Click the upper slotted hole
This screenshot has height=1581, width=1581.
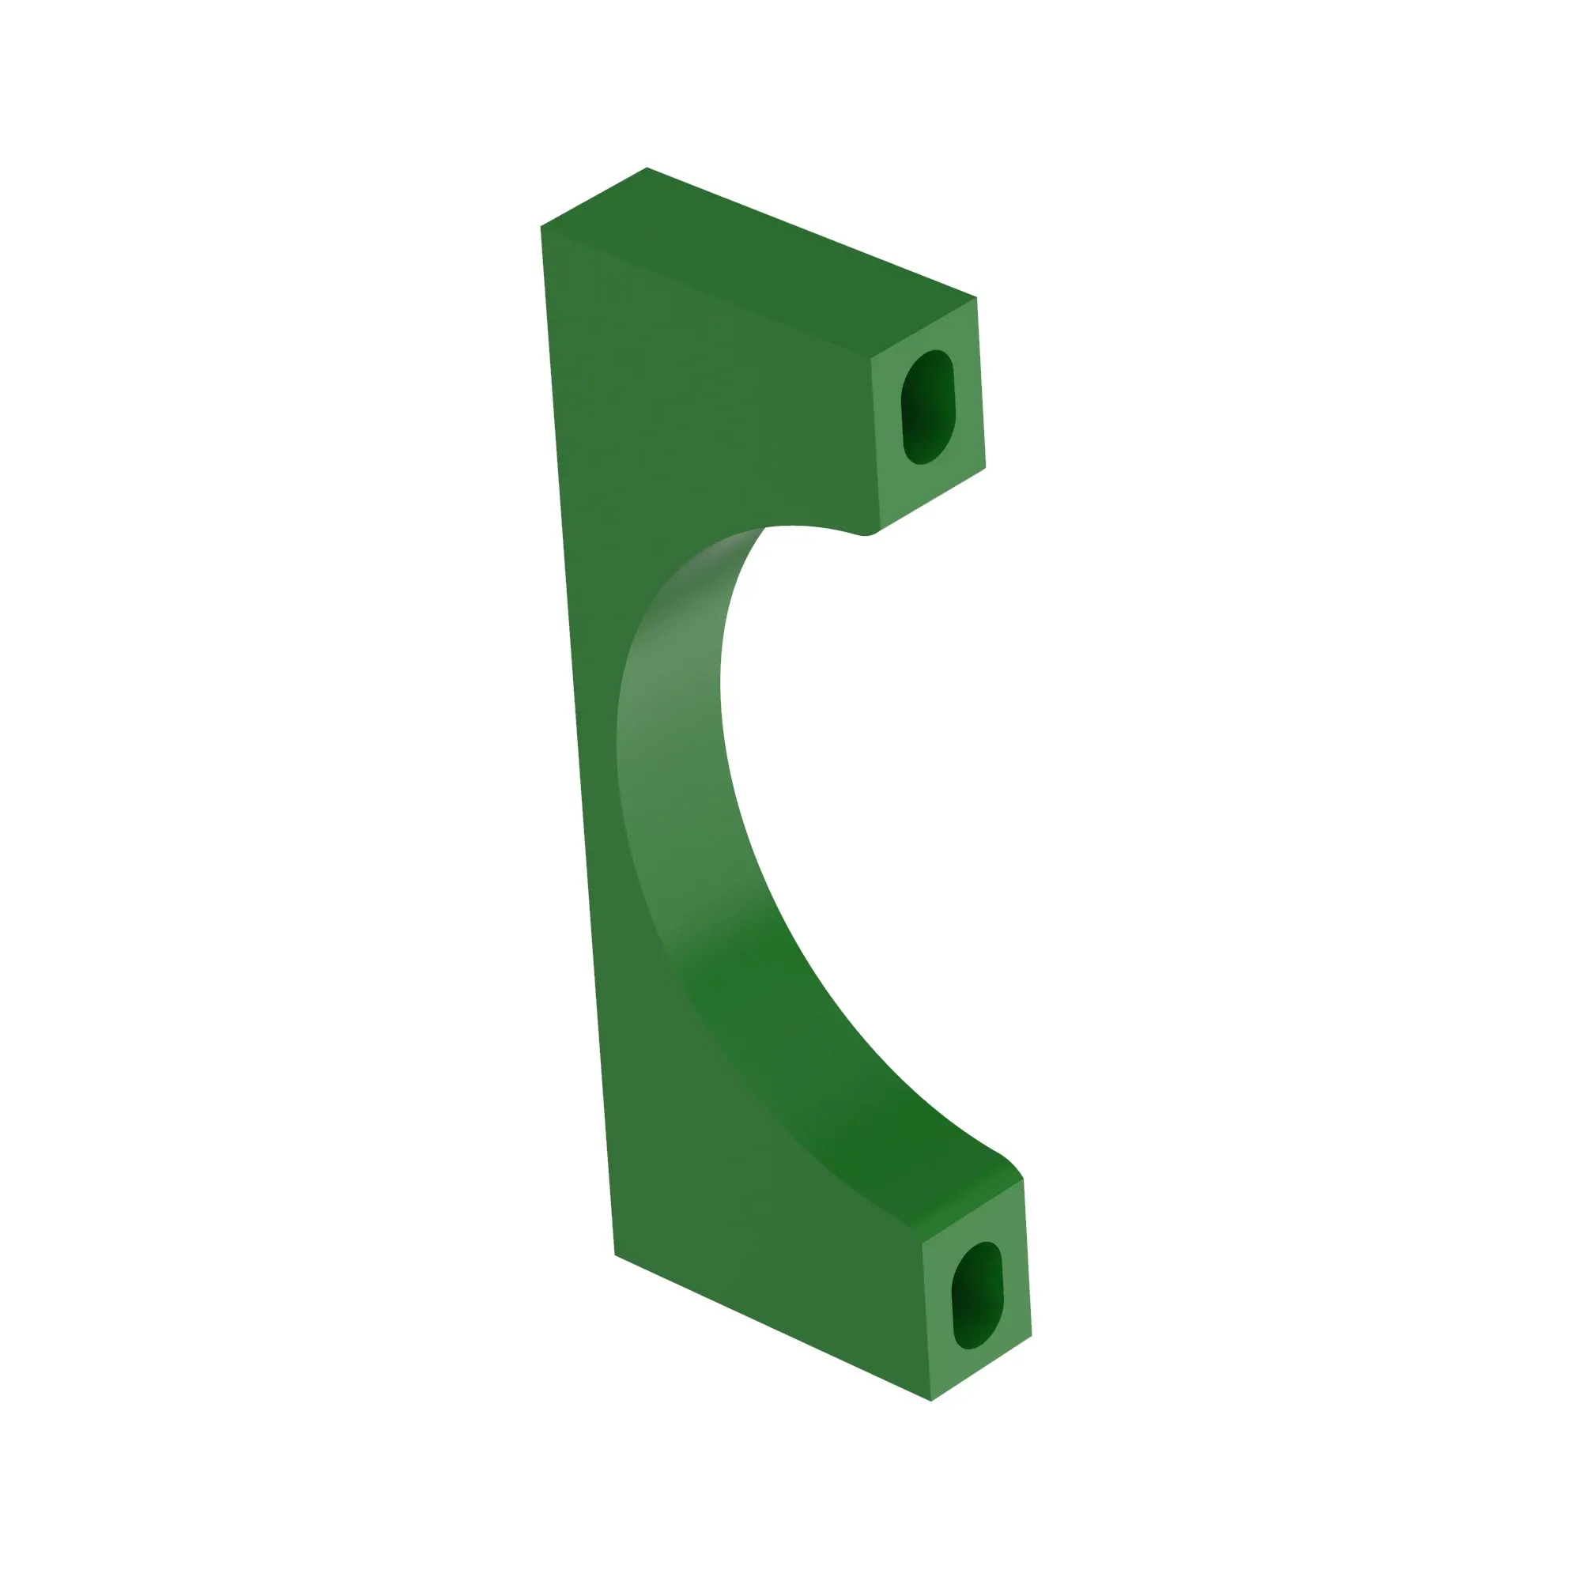pyautogui.click(x=928, y=406)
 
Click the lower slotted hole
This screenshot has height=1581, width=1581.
pyautogui.click(x=977, y=1296)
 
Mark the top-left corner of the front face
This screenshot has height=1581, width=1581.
pyautogui.click(x=541, y=228)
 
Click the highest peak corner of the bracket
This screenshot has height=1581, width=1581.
pyautogui.click(x=647, y=168)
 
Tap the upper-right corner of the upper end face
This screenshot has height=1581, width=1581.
pyautogui.click(x=976, y=298)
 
